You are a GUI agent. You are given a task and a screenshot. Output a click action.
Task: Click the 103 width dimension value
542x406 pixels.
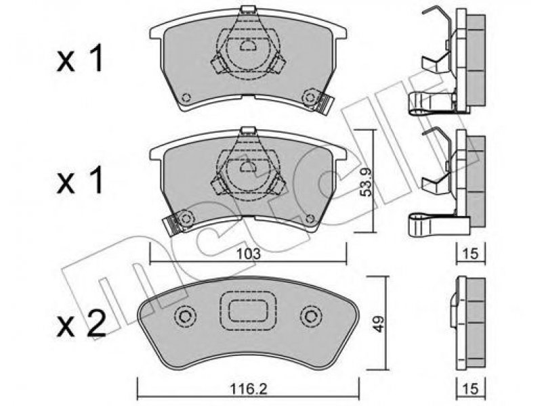tap(248, 254)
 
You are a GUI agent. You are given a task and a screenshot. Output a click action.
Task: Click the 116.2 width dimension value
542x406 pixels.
tap(249, 390)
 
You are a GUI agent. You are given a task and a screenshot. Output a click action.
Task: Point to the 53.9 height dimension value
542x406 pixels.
tap(366, 181)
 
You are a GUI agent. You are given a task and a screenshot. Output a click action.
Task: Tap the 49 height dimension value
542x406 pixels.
tap(379, 324)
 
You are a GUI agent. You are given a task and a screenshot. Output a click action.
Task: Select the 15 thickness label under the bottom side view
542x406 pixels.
tap(470, 389)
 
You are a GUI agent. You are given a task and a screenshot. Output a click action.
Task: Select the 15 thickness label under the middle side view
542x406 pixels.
tap(470, 254)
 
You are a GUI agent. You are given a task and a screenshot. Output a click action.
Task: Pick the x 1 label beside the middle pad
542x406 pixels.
tap(80, 179)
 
